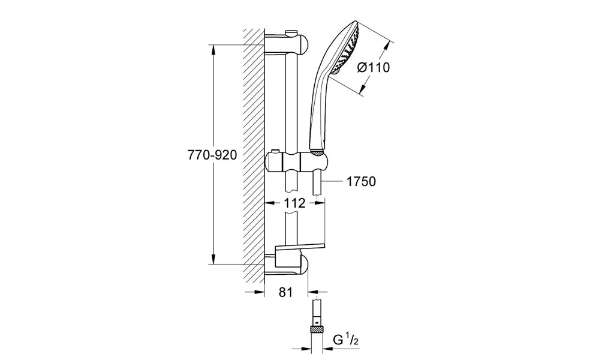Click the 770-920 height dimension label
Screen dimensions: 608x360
212,155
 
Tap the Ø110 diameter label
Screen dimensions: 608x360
373,67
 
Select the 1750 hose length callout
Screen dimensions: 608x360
360,181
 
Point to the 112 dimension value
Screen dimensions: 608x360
294,203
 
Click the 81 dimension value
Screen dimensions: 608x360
285,292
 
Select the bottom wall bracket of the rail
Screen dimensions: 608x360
287,266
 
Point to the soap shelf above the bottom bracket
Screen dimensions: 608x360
299,250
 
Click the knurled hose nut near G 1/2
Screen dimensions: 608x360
317,331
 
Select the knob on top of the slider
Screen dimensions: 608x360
276,151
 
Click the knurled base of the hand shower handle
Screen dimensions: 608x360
318,152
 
